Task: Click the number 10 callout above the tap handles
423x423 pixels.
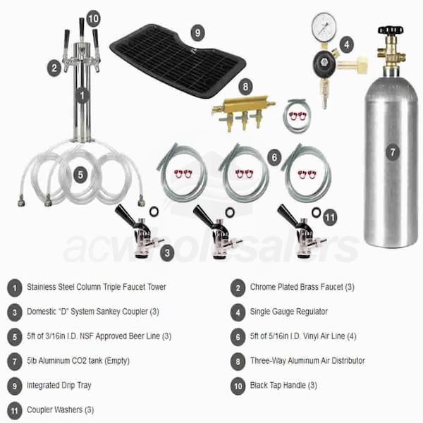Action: coord(93,18)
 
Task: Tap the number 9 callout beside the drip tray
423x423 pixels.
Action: coord(197,33)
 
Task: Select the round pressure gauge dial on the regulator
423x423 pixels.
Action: coord(324,27)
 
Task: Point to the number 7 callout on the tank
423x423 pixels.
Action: coord(393,152)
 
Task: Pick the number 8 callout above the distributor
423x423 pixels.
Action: coord(245,86)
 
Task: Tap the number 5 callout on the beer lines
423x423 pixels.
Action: coord(80,175)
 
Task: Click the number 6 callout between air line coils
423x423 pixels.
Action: coord(274,157)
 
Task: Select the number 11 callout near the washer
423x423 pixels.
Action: coord(330,217)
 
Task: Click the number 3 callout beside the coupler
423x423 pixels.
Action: coord(167,253)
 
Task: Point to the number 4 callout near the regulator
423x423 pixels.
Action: coord(347,45)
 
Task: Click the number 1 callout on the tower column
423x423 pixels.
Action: coord(82,95)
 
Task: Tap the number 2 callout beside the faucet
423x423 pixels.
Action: coord(54,68)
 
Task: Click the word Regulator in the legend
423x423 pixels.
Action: coord(310,312)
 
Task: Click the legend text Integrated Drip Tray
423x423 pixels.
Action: coord(59,386)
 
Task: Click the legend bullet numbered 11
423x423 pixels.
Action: coord(14,411)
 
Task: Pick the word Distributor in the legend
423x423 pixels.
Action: coord(348,361)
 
